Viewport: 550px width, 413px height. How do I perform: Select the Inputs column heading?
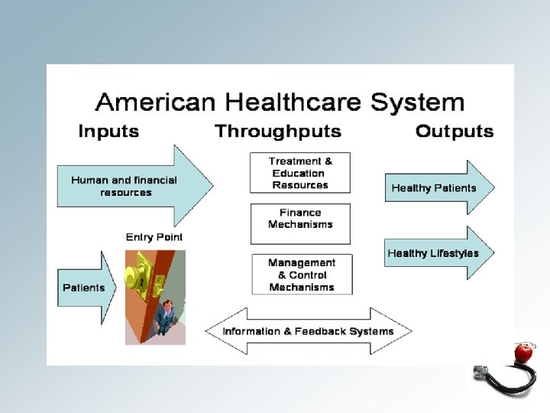[x=108, y=132]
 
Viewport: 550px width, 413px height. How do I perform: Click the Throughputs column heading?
[x=278, y=132]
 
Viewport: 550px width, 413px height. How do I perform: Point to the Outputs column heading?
[x=455, y=132]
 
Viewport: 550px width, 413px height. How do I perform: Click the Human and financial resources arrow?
[x=130, y=186]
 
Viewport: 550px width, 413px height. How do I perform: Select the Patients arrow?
[x=86, y=288]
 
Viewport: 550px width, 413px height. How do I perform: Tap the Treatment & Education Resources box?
[x=300, y=173]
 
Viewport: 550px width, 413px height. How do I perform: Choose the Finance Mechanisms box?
[x=300, y=219]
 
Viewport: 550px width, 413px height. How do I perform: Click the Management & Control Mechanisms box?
[x=302, y=275]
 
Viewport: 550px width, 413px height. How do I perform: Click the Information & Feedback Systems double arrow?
[x=308, y=331]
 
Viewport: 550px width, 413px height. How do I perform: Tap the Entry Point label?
[x=154, y=237]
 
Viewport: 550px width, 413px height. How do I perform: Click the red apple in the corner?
[x=523, y=352]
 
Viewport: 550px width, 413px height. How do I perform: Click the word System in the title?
[x=417, y=102]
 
